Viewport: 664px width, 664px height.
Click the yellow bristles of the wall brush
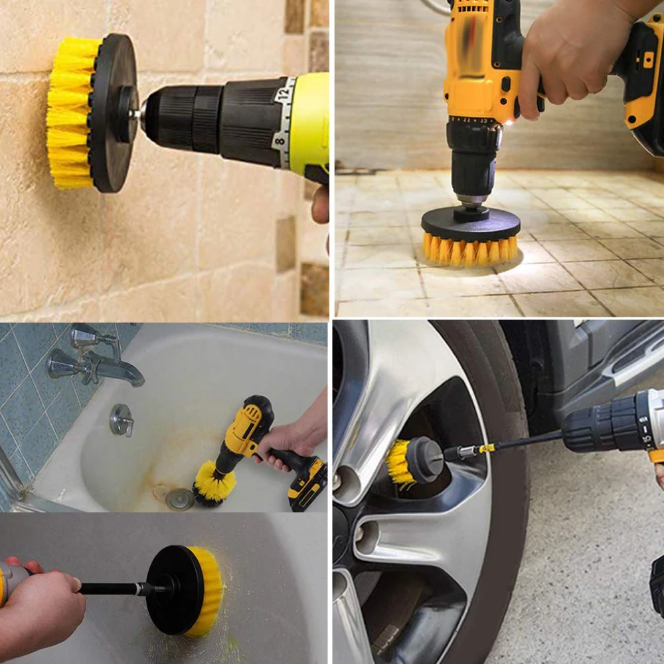click(x=70, y=113)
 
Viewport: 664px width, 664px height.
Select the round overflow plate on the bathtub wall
click(x=121, y=420)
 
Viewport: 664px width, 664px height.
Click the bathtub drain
click(x=179, y=498)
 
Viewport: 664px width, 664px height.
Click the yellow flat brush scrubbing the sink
click(x=206, y=591)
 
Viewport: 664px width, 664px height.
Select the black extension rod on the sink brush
click(x=110, y=588)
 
